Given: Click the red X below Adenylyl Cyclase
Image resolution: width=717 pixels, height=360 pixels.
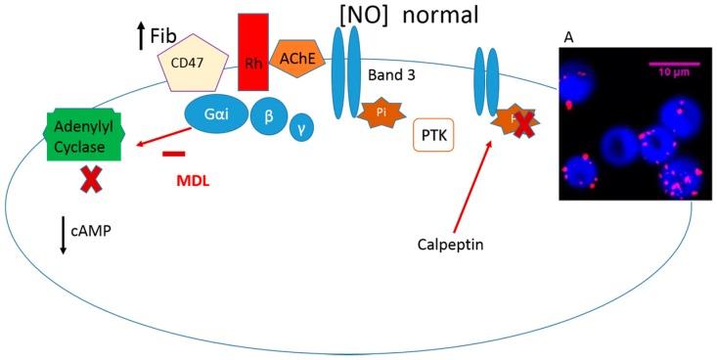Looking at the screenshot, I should coord(93,179).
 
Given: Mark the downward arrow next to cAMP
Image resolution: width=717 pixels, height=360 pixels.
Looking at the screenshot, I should coord(64,238).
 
